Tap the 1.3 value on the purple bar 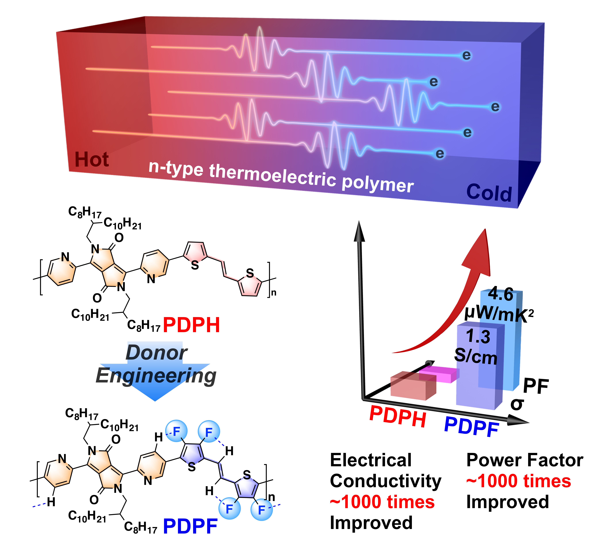[x=478, y=336]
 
